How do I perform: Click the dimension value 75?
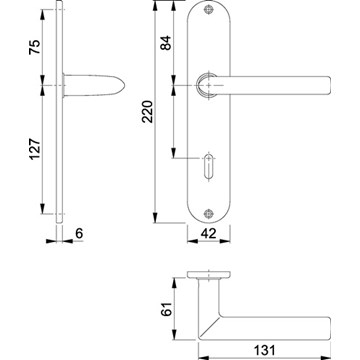[35, 47]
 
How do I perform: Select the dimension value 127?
[35, 149]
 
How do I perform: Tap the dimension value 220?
[147, 111]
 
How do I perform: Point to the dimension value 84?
[166, 42]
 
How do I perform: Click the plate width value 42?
[208, 233]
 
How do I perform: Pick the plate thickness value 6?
[79, 233]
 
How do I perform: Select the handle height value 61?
[166, 309]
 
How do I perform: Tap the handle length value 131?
[265, 350]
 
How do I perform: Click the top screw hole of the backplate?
[209, 10]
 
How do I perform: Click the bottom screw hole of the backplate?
[208, 213]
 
